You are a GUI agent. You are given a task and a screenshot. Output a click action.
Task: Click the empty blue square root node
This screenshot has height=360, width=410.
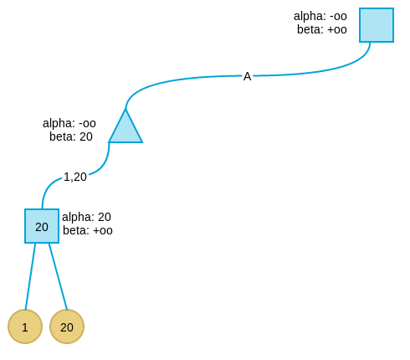point(377,25)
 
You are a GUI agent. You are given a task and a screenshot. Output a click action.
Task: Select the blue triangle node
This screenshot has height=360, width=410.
point(126,129)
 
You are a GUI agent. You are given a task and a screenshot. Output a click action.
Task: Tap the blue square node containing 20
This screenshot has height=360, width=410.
point(42,226)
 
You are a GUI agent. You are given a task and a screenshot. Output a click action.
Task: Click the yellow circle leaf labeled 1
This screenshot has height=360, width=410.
point(25,327)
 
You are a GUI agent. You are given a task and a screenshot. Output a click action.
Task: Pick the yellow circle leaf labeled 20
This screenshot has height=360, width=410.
point(67,327)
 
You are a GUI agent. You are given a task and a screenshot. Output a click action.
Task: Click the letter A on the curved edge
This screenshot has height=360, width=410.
point(248,76)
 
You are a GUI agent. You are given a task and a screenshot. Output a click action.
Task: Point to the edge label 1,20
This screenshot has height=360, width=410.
point(75,177)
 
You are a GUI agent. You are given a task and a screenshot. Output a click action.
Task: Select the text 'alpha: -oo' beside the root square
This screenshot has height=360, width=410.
point(320,16)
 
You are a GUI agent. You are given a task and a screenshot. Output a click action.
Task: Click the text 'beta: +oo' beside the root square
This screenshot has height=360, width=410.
point(322,29)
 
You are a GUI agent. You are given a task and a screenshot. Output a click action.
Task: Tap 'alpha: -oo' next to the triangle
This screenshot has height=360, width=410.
point(69,123)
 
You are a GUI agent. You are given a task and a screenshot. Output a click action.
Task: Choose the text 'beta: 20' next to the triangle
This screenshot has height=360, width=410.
point(71,136)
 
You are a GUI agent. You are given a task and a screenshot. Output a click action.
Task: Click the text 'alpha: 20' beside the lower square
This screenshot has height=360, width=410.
point(86,217)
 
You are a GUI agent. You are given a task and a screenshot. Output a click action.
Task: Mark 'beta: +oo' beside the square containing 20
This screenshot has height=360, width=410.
point(88,230)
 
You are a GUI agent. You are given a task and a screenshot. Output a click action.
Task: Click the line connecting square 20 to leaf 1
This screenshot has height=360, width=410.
point(30,276)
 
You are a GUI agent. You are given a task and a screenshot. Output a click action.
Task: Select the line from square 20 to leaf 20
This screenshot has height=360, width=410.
point(59,276)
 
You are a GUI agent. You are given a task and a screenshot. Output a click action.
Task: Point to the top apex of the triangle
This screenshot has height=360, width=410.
point(126,109)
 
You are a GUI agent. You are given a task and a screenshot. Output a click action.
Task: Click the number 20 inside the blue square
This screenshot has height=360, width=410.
point(42,227)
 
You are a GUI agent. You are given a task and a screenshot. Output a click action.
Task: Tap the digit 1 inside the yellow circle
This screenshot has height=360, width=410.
point(25,327)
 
